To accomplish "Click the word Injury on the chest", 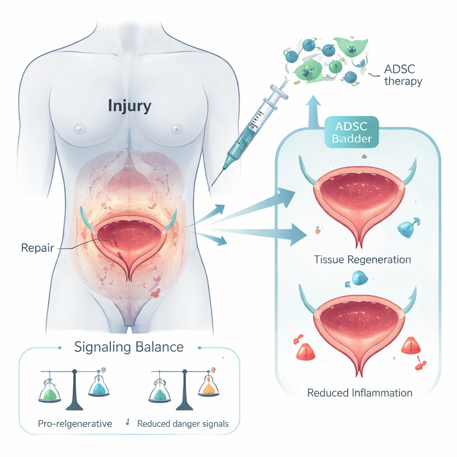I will coord(129,106).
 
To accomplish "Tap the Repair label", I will coord(37,247).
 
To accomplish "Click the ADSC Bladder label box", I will coord(352,132).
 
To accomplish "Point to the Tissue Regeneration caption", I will coord(362,259).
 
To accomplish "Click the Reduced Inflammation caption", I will coord(360,393).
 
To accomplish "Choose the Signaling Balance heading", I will coord(129,347).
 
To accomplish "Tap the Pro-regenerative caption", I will coord(74,424).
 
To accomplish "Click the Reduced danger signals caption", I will coord(183,424).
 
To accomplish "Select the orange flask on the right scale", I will coord(208,388).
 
